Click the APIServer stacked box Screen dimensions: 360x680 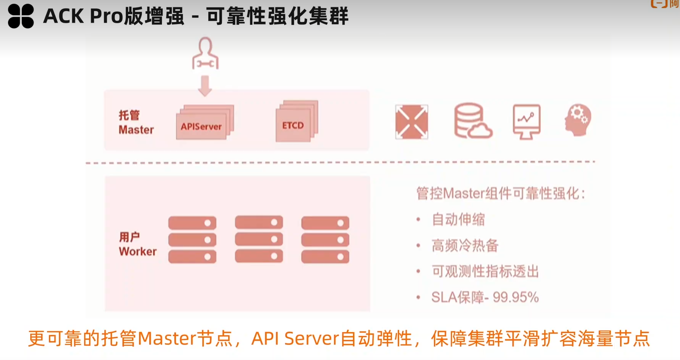202,126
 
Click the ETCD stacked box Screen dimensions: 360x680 294,125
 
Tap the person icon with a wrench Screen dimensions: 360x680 205,54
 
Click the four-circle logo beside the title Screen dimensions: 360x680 21,16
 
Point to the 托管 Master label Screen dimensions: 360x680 136,122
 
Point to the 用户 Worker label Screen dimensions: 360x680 137,244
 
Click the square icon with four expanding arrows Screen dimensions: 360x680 411,122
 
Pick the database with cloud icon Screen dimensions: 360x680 472,121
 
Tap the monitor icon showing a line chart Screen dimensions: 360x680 526,121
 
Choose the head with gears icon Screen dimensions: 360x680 578,120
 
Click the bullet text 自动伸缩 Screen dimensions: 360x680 458,219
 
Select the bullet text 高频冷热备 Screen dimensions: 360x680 465,245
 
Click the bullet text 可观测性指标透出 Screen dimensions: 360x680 485,271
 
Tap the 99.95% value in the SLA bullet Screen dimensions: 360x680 516,297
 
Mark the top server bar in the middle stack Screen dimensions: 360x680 259,222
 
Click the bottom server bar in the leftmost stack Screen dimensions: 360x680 192,257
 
